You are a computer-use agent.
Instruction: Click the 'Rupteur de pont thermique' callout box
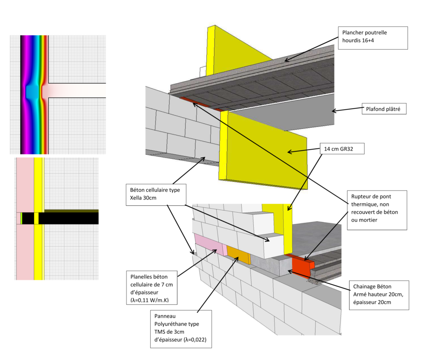coord(376,210)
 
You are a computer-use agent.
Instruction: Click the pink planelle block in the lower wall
coord(210,244)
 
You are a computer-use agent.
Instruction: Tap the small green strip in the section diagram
coord(20,218)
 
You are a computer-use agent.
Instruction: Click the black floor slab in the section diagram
coord(69,218)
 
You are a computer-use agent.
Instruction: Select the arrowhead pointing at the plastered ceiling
coord(333,111)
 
